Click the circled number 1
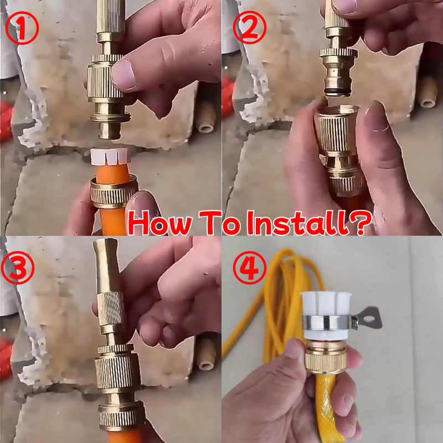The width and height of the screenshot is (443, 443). (x=22, y=28)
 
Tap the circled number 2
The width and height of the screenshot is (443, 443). (x=250, y=27)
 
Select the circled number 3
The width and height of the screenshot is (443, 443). (x=18, y=267)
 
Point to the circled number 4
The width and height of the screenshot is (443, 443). (x=250, y=267)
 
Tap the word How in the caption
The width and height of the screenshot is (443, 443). (x=160, y=223)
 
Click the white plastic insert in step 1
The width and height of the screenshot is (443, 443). (x=110, y=156)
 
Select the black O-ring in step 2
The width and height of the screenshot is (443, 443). (x=337, y=91)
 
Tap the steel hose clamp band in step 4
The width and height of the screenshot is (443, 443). (x=327, y=323)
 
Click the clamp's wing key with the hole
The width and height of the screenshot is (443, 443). (x=368, y=318)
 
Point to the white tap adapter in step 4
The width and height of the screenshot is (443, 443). (x=326, y=316)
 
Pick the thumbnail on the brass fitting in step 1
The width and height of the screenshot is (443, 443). (x=123, y=75)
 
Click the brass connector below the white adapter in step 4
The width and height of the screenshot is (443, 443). (x=326, y=357)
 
